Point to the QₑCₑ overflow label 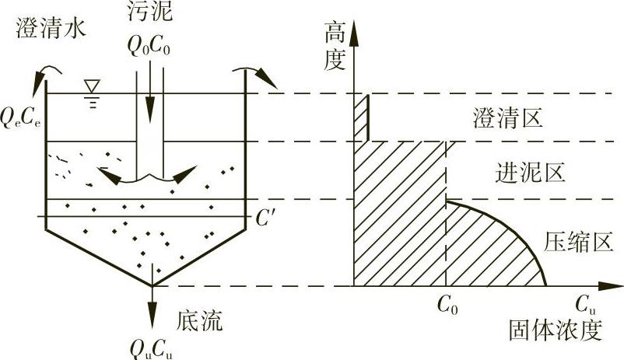click(x=21, y=118)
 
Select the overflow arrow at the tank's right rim click(x=261, y=76)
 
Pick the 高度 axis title click(x=334, y=45)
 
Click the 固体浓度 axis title click(x=556, y=329)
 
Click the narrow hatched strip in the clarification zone click(x=361, y=117)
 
